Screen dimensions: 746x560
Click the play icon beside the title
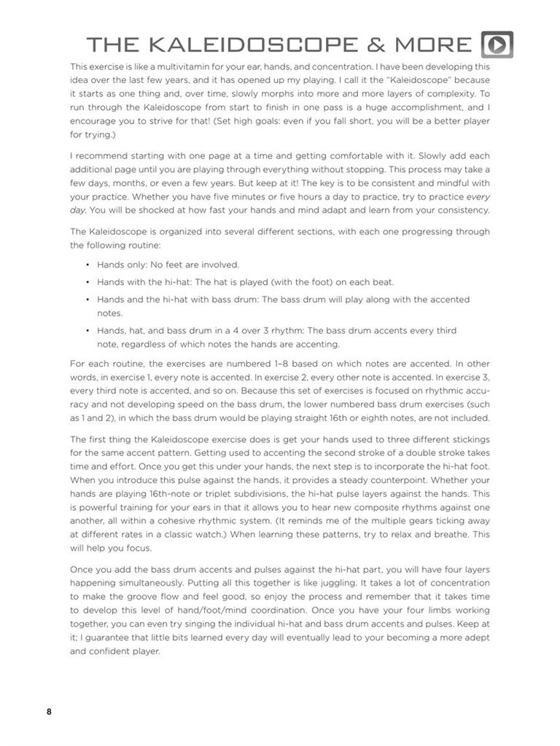pyautogui.click(x=497, y=45)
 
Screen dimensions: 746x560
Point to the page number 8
pyautogui.click(x=49, y=712)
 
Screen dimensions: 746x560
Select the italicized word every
pyautogui.click(x=478, y=197)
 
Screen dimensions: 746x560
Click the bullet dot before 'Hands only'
pyautogui.click(x=87, y=265)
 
